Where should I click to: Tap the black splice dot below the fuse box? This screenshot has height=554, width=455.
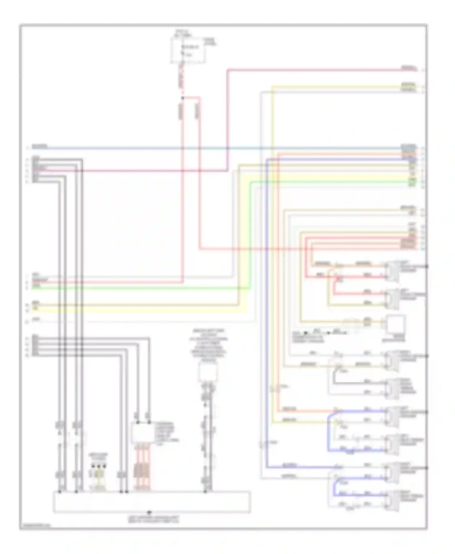(183, 98)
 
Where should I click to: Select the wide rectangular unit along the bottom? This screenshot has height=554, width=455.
(152, 502)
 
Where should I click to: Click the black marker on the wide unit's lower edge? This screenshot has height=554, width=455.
(149, 513)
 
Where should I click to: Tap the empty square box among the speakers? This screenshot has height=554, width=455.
(395, 324)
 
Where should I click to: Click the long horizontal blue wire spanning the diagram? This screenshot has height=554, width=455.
(212, 149)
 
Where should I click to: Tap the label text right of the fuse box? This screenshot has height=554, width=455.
(210, 42)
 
